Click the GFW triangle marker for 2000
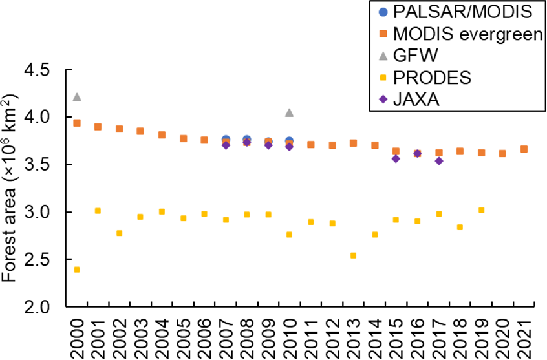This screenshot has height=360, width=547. click(x=77, y=97)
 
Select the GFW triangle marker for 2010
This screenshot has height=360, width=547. click(x=289, y=112)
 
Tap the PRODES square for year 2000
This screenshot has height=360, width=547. click(x=77, y=270)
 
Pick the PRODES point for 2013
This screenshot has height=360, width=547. click(x=353, y=255)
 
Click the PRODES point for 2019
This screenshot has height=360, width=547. click(x=481, y=210)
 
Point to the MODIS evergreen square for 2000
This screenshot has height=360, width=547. click(x=77, y=123)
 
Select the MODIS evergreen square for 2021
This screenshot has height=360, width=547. click(x=524, y=149)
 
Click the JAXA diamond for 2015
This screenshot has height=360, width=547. click(x=396, y=158)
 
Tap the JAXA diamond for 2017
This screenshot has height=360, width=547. click(x=438, y=161)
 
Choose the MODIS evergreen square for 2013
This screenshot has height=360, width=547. click(x=353, y=143)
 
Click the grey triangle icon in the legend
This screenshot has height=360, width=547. click(x=383, y=56)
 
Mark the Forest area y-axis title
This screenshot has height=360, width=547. click(x=11, y=187)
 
